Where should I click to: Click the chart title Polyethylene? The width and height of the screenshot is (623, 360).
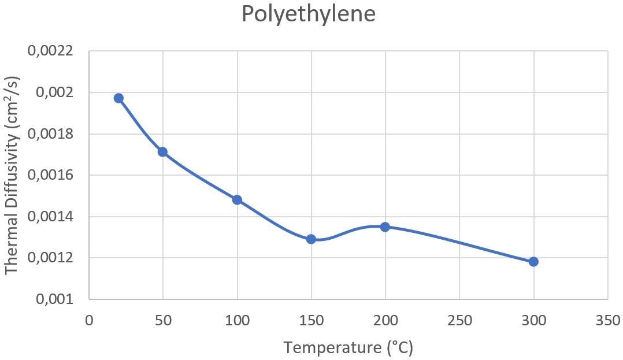(309, 14)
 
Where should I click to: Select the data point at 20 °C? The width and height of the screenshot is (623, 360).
(118, 98)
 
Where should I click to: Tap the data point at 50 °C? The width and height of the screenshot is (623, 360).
(163, 152)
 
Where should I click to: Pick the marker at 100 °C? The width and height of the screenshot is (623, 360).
(237, 200)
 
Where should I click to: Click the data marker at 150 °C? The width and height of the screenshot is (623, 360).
(311, 239)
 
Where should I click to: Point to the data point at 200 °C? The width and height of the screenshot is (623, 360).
(385, 227)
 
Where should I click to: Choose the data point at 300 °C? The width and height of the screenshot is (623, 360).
(533, 262)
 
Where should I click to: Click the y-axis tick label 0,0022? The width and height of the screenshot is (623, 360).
(50, 51)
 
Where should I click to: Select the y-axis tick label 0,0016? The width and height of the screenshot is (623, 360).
(50, 176)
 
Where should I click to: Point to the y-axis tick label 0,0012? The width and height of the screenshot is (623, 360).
(50, 258)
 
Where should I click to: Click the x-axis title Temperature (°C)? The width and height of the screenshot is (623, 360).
(348, 348)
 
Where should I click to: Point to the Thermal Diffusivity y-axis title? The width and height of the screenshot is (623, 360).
(13, 175)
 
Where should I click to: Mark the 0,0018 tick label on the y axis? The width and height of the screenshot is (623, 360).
(50, 135)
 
